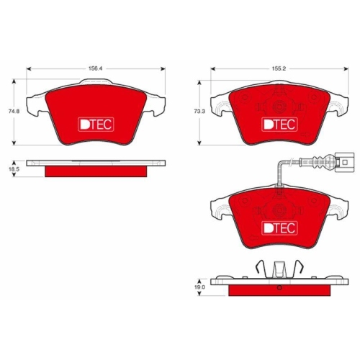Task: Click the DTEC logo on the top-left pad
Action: [x=93, y=123]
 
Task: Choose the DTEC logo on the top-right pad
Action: [x=278, y=123]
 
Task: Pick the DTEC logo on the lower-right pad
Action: [x=278, y=228]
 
